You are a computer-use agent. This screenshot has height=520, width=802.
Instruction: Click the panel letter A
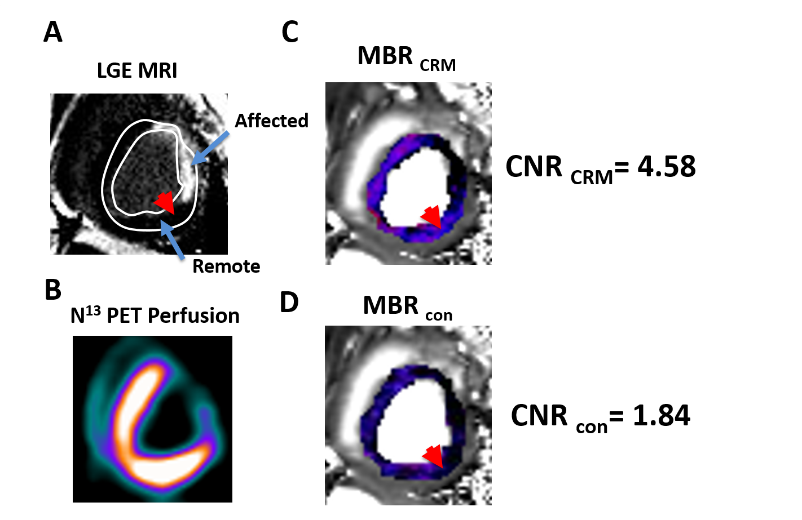click(x=53, y=32)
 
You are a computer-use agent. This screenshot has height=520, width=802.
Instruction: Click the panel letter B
click(x=53, y=290)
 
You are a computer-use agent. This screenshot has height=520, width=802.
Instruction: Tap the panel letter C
click(x=290, y=32)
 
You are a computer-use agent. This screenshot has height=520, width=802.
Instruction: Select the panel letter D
click(x=289, y=303)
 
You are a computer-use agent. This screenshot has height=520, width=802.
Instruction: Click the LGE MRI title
click(x=137, y=70)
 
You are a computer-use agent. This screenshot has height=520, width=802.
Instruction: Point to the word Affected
click(x=271, y=121)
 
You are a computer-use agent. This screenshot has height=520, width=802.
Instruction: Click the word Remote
click(x=226, y=266)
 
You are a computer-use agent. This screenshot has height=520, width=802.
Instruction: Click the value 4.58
click(x=667, y=167)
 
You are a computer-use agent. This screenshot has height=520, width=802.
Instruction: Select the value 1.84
click(x=661, y=416)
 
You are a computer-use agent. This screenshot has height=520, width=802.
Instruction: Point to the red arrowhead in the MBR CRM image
click(x=432, y=216)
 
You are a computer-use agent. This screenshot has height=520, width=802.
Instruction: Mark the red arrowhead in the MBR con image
click(x=434, y=456)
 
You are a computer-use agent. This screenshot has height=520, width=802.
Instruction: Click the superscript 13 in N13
click(x=93, y=310)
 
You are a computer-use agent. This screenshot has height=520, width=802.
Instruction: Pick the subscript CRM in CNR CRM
click(x=591, y=177)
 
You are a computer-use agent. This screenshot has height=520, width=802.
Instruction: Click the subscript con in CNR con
click(x=592, y=428)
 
